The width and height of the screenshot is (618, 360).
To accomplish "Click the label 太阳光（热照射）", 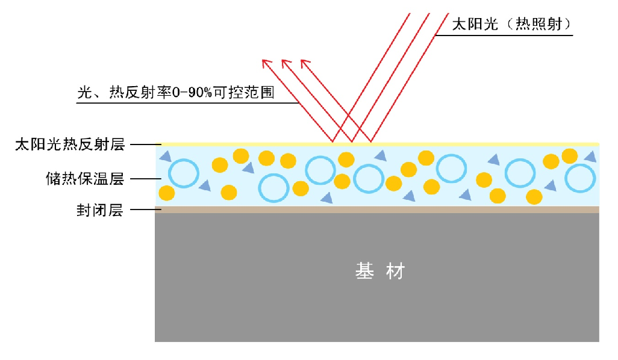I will coord(511,25).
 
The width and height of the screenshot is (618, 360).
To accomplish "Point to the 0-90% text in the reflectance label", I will coord(193,93).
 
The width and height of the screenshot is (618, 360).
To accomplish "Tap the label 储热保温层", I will coord(84,179).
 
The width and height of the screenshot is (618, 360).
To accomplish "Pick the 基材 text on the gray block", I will coord(379,272).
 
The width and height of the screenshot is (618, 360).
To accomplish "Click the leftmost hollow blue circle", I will coord(183,173).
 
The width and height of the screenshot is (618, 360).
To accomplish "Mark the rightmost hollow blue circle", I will coord(581,178).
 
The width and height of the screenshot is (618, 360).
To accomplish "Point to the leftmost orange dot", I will coord(167,193).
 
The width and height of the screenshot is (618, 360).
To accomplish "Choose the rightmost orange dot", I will coord(569,156).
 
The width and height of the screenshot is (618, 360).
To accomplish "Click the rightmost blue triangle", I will coord(591,157).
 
